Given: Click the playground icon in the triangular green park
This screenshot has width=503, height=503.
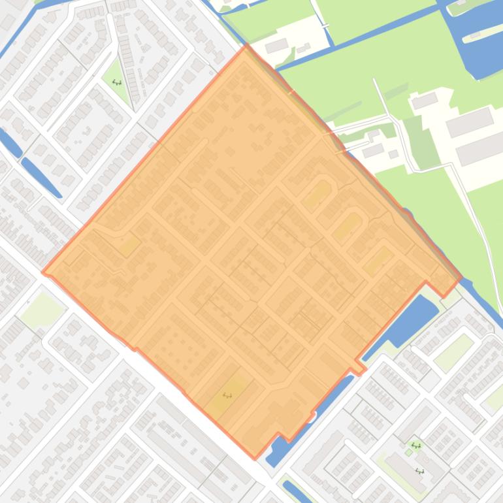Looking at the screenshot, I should pyautogui.click(x=117, y=82).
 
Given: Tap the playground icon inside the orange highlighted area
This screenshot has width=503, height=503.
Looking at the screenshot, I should pyautogui.click(x=227, y=395).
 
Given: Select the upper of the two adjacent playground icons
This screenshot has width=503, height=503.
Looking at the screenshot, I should pyautogui.click(x=415, y=446).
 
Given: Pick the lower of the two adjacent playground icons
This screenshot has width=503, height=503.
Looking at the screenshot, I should pyautogui.click(x=419, y=470).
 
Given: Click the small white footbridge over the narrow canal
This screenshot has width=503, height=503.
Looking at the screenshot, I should pyautogui.click(x=325, y=25).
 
